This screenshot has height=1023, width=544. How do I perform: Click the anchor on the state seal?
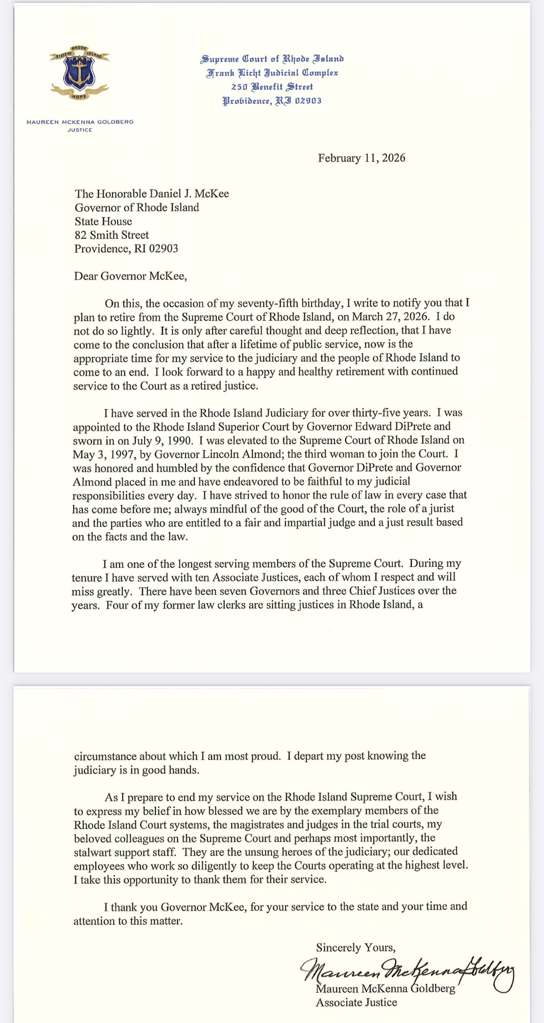79,72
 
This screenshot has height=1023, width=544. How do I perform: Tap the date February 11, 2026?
361,158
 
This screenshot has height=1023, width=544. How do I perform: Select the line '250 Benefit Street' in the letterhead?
272,87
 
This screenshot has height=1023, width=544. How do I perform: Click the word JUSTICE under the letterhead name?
80,130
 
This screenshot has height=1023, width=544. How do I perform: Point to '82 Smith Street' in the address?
111,235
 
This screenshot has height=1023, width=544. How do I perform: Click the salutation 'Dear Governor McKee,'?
130,276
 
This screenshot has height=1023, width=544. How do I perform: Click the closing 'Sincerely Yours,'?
355,947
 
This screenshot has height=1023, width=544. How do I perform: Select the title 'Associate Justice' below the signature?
356,1002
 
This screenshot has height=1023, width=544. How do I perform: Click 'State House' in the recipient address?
103,221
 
